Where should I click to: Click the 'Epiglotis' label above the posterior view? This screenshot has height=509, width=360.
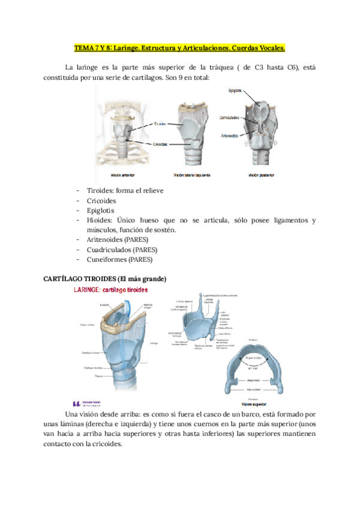pyautogui.click(x=235, y=91)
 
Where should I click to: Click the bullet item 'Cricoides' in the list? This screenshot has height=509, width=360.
pyautogui.click(x=101, y=200)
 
